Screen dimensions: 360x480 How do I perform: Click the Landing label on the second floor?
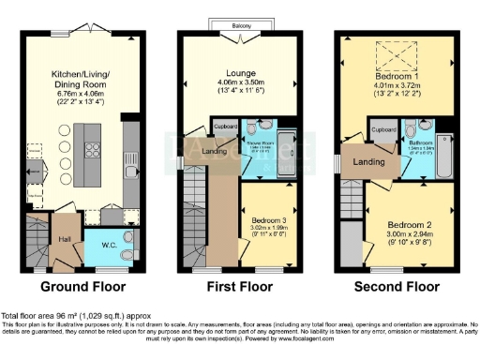pyautogui.click(x=367, y=161)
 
